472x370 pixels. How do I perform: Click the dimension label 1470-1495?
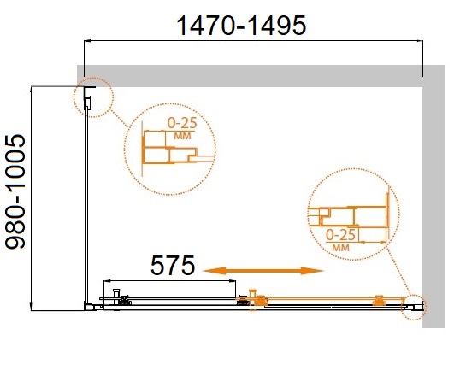click(x=241, y=26)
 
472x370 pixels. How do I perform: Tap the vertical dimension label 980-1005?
click(x=15, y=192)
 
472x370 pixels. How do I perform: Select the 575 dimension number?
click(x=173, y=266)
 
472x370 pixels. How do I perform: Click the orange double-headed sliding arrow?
click(x=263, y=271)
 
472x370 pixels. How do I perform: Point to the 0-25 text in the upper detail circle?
click(x=182, y=123)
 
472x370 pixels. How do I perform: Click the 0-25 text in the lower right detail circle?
click(x=341, y=235)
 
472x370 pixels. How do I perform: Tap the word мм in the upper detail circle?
click(x=182, y=136)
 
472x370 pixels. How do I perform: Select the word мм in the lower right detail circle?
click(x=341, y=248)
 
